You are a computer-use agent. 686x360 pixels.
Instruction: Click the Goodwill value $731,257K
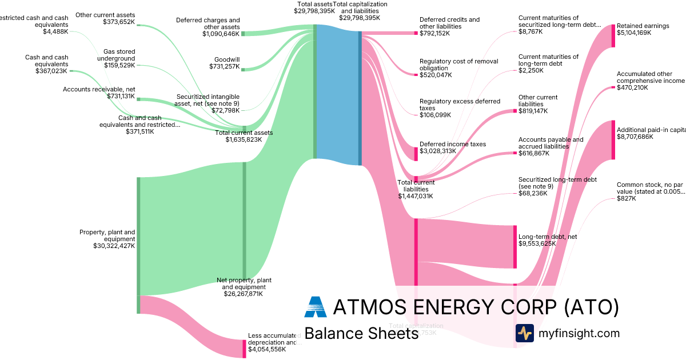(x=225, y=67)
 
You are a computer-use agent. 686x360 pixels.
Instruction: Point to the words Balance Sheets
(x=361, y=334)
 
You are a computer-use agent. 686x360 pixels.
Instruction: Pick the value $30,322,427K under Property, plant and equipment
(x=114, y=246)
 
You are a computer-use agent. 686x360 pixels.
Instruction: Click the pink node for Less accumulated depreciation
(x=244, y=349)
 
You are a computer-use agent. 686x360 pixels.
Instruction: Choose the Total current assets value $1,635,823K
(x=244, y=139)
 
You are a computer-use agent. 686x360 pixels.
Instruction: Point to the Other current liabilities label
(x=538, y=101)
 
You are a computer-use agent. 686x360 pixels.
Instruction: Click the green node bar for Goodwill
(x=243, y=70)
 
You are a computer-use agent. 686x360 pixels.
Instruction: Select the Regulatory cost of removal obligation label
(x=459, y=65)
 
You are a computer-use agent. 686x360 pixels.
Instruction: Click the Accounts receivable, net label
(x=99, y=89)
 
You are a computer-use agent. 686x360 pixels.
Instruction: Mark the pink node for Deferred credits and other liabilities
(x=416, y=33)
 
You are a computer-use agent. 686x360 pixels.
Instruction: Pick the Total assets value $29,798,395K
(x=314, y=11)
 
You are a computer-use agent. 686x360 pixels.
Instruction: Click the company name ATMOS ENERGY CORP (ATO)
(x=476, y=307)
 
